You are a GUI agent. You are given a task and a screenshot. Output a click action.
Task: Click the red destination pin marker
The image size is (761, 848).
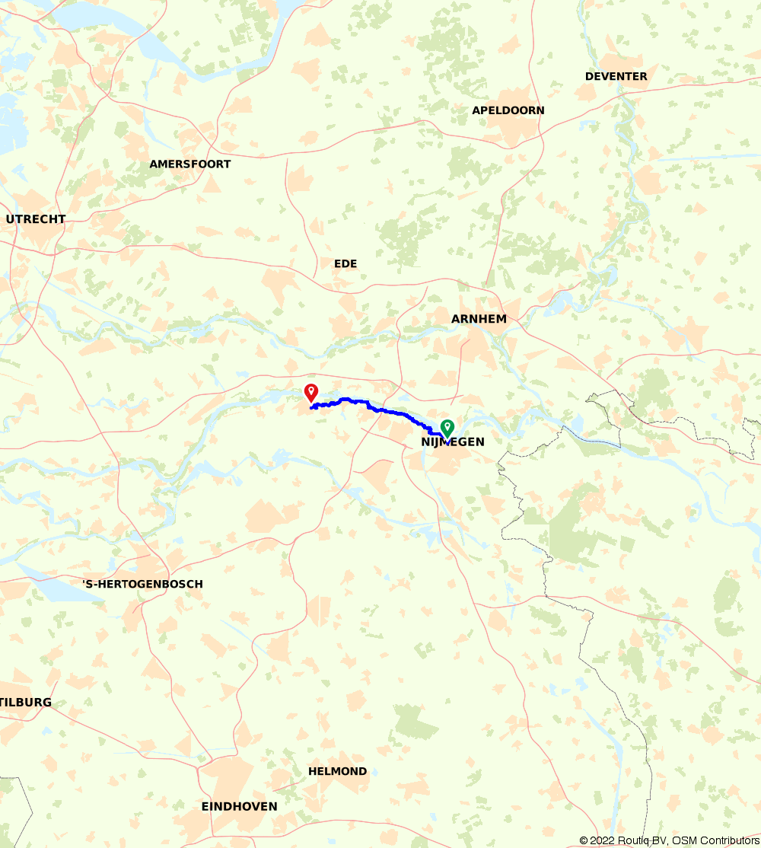pyautogui.click(x=310, y=392)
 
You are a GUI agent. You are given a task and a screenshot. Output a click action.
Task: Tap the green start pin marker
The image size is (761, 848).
pyautogui.click(x=447, y=428)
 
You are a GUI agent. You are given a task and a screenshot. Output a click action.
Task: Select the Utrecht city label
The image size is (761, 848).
pyautogui.click(x=35, y=219)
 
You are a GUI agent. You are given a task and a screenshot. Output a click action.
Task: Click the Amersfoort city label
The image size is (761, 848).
pyautogui.click(x=189, y=164)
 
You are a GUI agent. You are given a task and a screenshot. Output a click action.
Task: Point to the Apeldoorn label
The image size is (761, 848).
pyautogui.click(x=508, y=110)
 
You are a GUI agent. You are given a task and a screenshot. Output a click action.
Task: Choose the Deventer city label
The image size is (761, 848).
pyautogui.click(x=616, y=76)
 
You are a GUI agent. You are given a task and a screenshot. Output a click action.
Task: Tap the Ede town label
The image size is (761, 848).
pyautogui.click(x=345, y=264)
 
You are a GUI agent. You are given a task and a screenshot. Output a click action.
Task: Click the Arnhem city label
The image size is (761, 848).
pyautogui.click(x=479, y=319)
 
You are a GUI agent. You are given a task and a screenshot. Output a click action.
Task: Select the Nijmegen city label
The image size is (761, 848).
pyautogui.click(x=452, y=442)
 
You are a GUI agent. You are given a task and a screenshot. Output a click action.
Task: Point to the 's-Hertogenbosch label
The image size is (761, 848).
pyautogui.click(x=142, y=585)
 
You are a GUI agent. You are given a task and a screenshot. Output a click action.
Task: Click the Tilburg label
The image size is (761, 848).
pyautogui.click(x=26, y=703)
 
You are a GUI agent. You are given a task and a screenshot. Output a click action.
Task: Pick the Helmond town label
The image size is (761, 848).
pyautogui.click(x=337, y=772)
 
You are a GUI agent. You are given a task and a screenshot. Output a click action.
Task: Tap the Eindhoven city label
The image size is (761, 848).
pyautogui.click(x=239, y=807)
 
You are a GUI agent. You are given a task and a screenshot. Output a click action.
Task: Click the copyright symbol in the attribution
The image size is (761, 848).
pyautogui.click(x=584, y=840)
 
